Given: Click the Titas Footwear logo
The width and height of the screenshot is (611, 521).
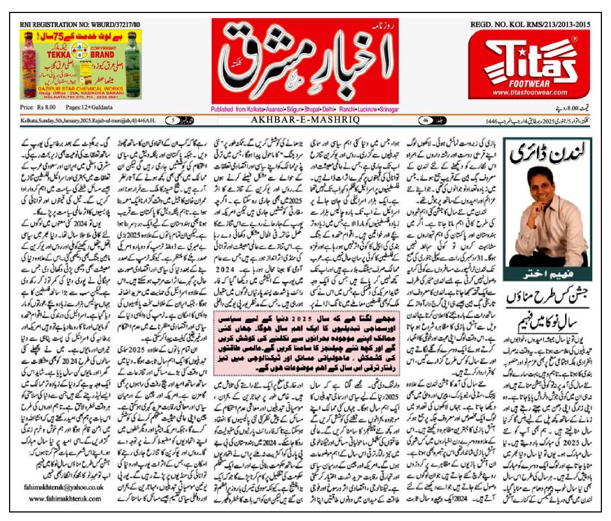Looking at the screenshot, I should point(528,59).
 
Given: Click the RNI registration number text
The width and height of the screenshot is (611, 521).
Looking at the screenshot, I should point(80,24).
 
